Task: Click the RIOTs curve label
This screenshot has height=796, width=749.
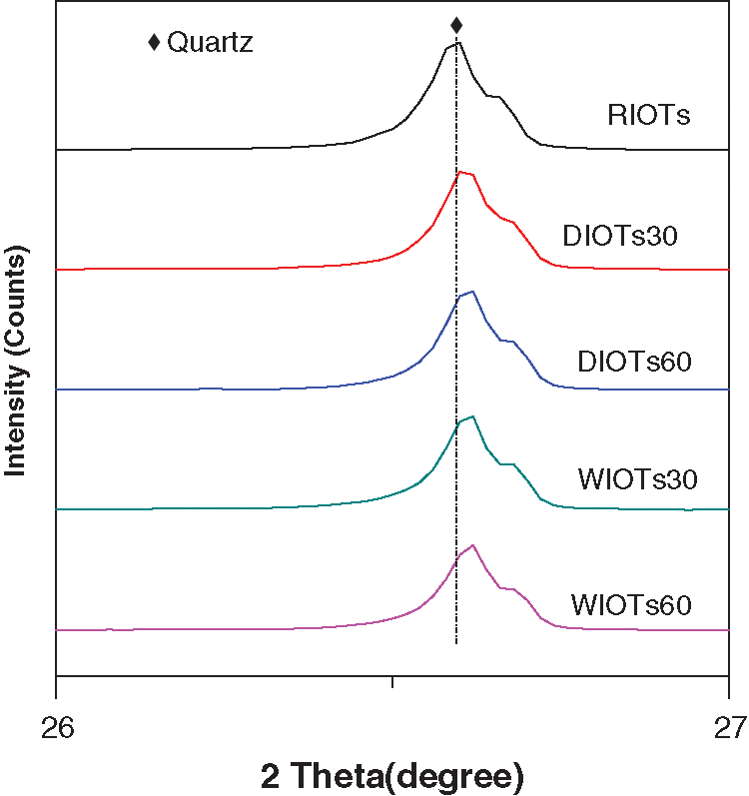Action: tap(649, 115)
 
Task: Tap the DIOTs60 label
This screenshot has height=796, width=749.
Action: tap(635, 360)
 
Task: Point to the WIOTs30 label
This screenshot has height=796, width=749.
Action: tap(637, 477)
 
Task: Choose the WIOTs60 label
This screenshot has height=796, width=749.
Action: tap(632, 604)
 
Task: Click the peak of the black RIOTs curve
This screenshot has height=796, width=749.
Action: tap(457, 43)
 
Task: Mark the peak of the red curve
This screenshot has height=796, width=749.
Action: tap(461, 172)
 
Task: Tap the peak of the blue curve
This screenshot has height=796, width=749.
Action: tap(471, 292)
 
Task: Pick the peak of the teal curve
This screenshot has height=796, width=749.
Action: tap(472, 416)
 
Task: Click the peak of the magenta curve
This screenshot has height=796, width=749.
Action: tap(472, 545)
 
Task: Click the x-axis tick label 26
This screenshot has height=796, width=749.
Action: tap(56, 726)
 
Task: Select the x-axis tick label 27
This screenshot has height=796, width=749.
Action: tap(729, 726)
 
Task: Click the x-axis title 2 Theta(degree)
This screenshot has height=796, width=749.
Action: tap(392, 775)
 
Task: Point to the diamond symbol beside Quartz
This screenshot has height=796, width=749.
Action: tap(154, 42)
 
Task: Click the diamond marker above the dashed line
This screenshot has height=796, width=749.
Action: tap(456, 25)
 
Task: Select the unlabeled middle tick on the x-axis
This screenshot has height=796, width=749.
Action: tap(392, 682)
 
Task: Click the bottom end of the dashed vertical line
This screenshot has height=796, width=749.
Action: tap(456, 642)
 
